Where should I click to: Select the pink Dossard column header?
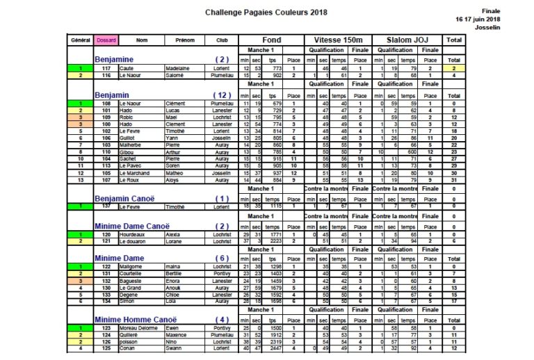106,40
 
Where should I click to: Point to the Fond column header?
273,40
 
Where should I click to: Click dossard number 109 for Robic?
106,117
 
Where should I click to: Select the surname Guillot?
129,138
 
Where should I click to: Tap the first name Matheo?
175,172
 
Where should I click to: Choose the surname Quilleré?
130,335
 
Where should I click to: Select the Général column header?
80,40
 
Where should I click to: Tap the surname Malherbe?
131,145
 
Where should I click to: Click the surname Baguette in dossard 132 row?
131,280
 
